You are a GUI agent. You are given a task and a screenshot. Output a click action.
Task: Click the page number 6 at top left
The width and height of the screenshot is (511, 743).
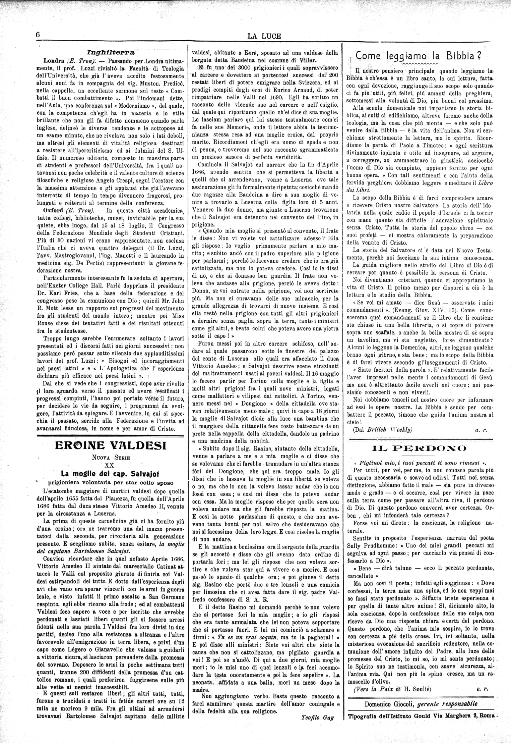pyautogui.click(x=38, y=36)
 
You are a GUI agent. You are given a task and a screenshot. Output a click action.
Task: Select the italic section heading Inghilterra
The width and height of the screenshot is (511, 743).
pyautogui.click(x=111, y=52)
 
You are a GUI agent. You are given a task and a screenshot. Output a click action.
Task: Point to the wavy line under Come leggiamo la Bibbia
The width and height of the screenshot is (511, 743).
pyautogui.click(x=421, y=63)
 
